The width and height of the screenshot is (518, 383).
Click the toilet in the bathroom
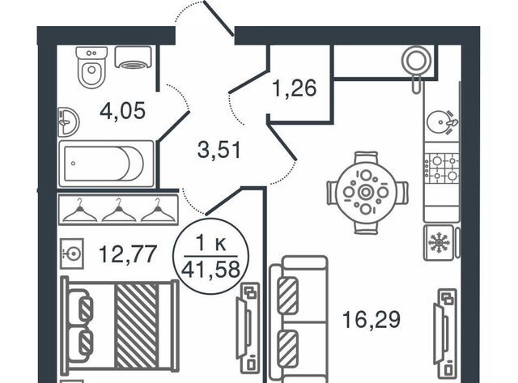(x=90, y=66)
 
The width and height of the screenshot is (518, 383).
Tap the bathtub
(x=106, y=163)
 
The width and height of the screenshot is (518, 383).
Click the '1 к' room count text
(x=213, y=242)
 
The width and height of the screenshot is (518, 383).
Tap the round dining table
(x=366, y=193)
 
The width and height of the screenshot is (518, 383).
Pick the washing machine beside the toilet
(x=134, y=57)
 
